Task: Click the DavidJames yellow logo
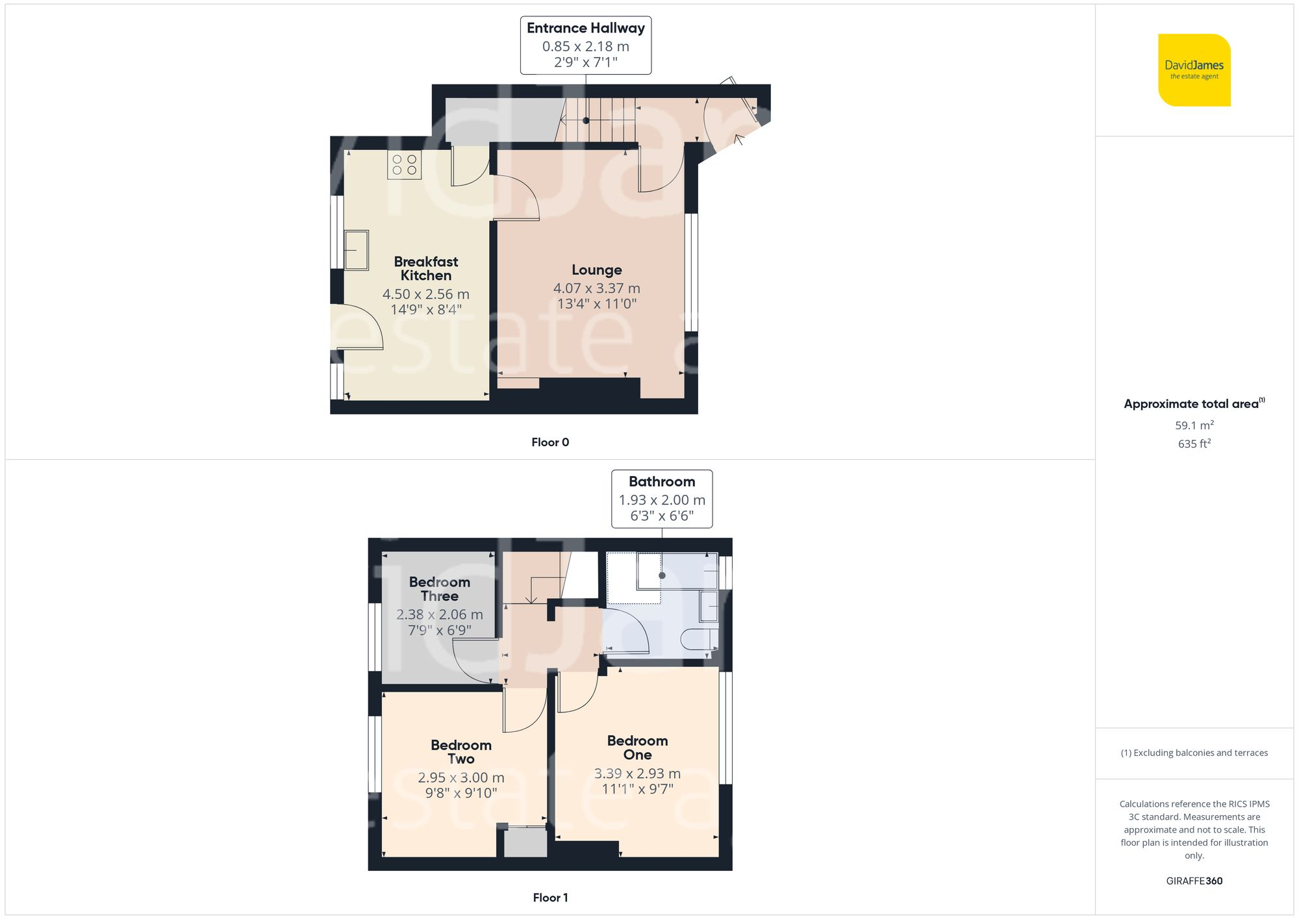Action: (x=1194, y=70)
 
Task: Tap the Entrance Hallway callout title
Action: (x=585, y=28)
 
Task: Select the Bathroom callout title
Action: (x=661, y=481)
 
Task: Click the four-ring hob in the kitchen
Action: (x=404, y=165)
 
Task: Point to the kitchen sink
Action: (x=356, y=250)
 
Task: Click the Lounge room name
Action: (x=596, y=270)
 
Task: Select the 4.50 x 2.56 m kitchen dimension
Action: (x=425, y=294)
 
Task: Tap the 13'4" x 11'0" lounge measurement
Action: (x=596, y=304)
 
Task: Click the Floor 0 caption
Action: (x=549, y=442)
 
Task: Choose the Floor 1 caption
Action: (x=549, y=898)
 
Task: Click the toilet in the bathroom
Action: (x=699, y=640)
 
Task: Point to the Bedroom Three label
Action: (x=439, y=589)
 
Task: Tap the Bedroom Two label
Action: (x=460, y=752)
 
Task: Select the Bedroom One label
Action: (x=637, y=748)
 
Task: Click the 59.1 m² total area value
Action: (x=1194, y=425)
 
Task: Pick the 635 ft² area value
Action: (x=1194, y=444)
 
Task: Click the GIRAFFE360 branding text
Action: (x=1194, y=881)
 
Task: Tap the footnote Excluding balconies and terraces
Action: (x=1194, y=753)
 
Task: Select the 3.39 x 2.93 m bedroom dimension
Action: (x=637, y=774)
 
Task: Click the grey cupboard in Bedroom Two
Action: (x=525, y=842)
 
